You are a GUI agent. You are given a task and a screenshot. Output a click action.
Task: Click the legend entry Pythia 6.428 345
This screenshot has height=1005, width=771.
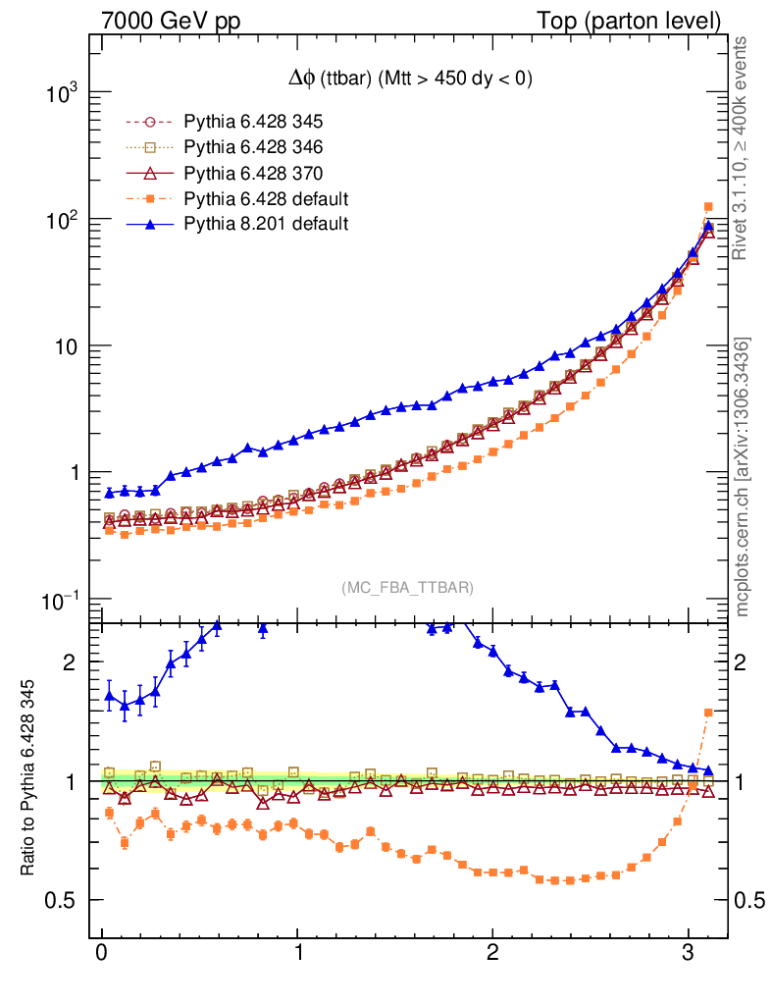click(253, 123)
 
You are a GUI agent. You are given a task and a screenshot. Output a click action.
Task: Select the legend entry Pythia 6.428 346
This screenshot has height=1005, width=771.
click(253, 147)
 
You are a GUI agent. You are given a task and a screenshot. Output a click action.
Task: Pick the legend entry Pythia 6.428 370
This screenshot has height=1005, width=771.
click(253, 173)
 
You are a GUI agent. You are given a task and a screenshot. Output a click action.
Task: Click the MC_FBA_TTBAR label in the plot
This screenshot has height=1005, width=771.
click(408, 588)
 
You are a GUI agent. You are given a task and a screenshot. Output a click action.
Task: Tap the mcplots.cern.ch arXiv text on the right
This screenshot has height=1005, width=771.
click(743, 477)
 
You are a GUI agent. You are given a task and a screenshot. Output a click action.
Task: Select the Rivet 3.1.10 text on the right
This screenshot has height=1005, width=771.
click(743, 147)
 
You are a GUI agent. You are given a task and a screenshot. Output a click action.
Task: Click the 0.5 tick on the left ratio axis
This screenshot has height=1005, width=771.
click(61, 901)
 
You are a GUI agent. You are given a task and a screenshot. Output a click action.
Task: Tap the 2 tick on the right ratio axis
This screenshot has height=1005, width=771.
click(747, 662)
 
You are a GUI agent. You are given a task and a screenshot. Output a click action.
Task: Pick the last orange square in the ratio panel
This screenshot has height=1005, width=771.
click(708, 713)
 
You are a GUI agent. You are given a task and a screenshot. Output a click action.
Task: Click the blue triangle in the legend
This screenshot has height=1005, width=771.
click(150, 224)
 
